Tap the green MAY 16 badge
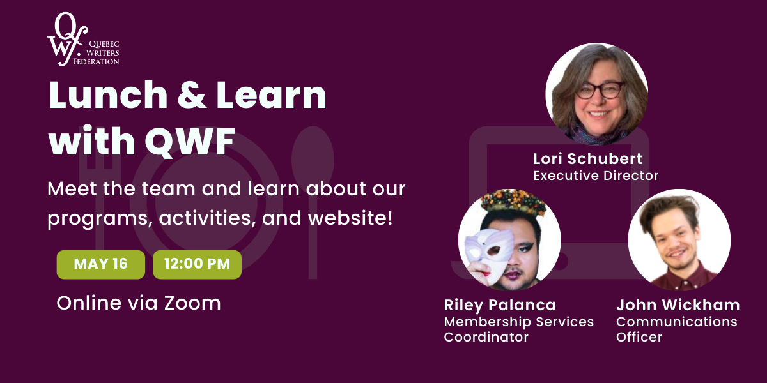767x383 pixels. click(x=101, y=264)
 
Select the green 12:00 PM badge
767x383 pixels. click(x=198, y=264)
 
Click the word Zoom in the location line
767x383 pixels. click(x=192, y=303)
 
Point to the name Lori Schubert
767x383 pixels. click(x=587, y=159)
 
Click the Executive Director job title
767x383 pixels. click(x=596, y=176)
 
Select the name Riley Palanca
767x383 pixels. click(x=500, y=305)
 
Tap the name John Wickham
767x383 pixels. click(x=678, y=304)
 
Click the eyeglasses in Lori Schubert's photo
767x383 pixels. click(x=600, y=91)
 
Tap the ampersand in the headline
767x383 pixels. click(x=192, y=94)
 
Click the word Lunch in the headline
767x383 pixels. click(x=108, y=94)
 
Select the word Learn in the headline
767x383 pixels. click(x=271, y=94)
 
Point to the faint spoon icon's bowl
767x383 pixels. click(x=313, y=154)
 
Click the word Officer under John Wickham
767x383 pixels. click(x=639, y=337)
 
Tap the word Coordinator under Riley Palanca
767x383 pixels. click(x=486, y=337)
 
